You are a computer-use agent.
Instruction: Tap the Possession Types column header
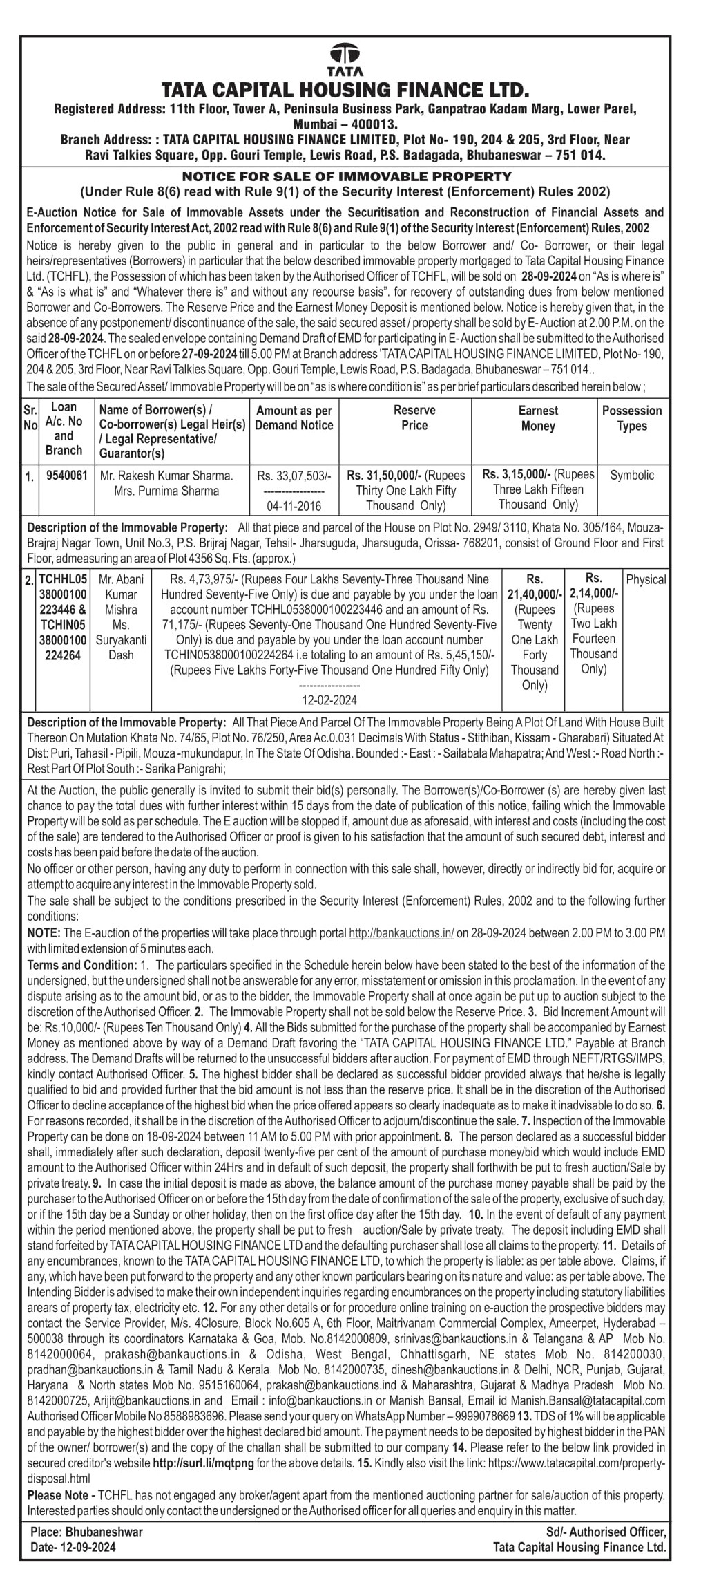click(631, 418)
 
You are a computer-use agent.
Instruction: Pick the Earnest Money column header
click(538, 418)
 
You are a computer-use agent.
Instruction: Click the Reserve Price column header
click(414, 418)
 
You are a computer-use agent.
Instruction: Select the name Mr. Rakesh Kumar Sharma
click(166, 476)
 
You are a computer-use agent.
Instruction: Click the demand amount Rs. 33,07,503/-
click(294, 476)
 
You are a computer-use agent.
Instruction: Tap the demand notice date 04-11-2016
click(294, 506)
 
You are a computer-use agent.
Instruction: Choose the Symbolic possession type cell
click(631, 475)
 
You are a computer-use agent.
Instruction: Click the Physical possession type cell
click(645, 579)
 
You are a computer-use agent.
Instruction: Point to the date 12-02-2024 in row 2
click(329, 700)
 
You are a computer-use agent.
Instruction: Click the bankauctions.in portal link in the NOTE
click(401, 932)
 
